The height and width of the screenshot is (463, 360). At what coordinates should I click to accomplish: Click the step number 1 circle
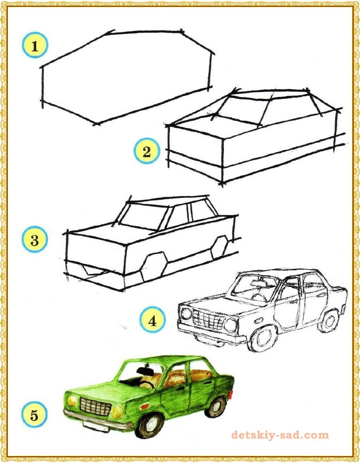pyautogui.click(x=35, y=46)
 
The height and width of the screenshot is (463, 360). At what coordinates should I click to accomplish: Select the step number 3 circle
pyautogui.click(x=35, y=239)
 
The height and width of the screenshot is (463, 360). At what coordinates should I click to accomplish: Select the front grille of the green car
pyautogui.click(x=95, y=406)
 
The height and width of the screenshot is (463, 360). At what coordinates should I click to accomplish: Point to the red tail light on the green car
pyautogui.click(x=231, y=395)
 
